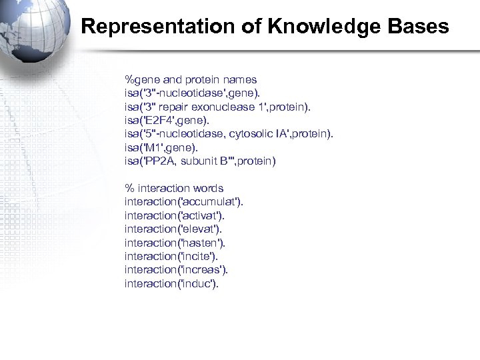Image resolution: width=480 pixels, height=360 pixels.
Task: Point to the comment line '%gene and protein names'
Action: coord(191,79)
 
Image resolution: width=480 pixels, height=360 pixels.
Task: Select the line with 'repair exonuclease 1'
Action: coord(217,107)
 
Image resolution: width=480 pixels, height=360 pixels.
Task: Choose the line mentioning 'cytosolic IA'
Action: coord(229,133)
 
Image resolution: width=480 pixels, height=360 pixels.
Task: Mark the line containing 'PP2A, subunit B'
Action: coord(200,161)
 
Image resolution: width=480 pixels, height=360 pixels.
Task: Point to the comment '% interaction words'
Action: coord(174,188)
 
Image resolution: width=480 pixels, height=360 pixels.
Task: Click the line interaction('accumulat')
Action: coord(184,201)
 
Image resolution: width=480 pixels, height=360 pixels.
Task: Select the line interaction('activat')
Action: coord(175,215)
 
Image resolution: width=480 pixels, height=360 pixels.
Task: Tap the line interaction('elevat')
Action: coord(173,229)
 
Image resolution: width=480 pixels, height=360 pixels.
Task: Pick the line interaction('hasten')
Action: coord(175,243)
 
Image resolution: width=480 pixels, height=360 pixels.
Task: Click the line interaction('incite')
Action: coord(171,256)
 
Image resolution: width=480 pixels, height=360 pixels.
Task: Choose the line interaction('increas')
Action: coord(176,269)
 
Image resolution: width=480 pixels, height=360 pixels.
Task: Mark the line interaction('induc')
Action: coord(171,283)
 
